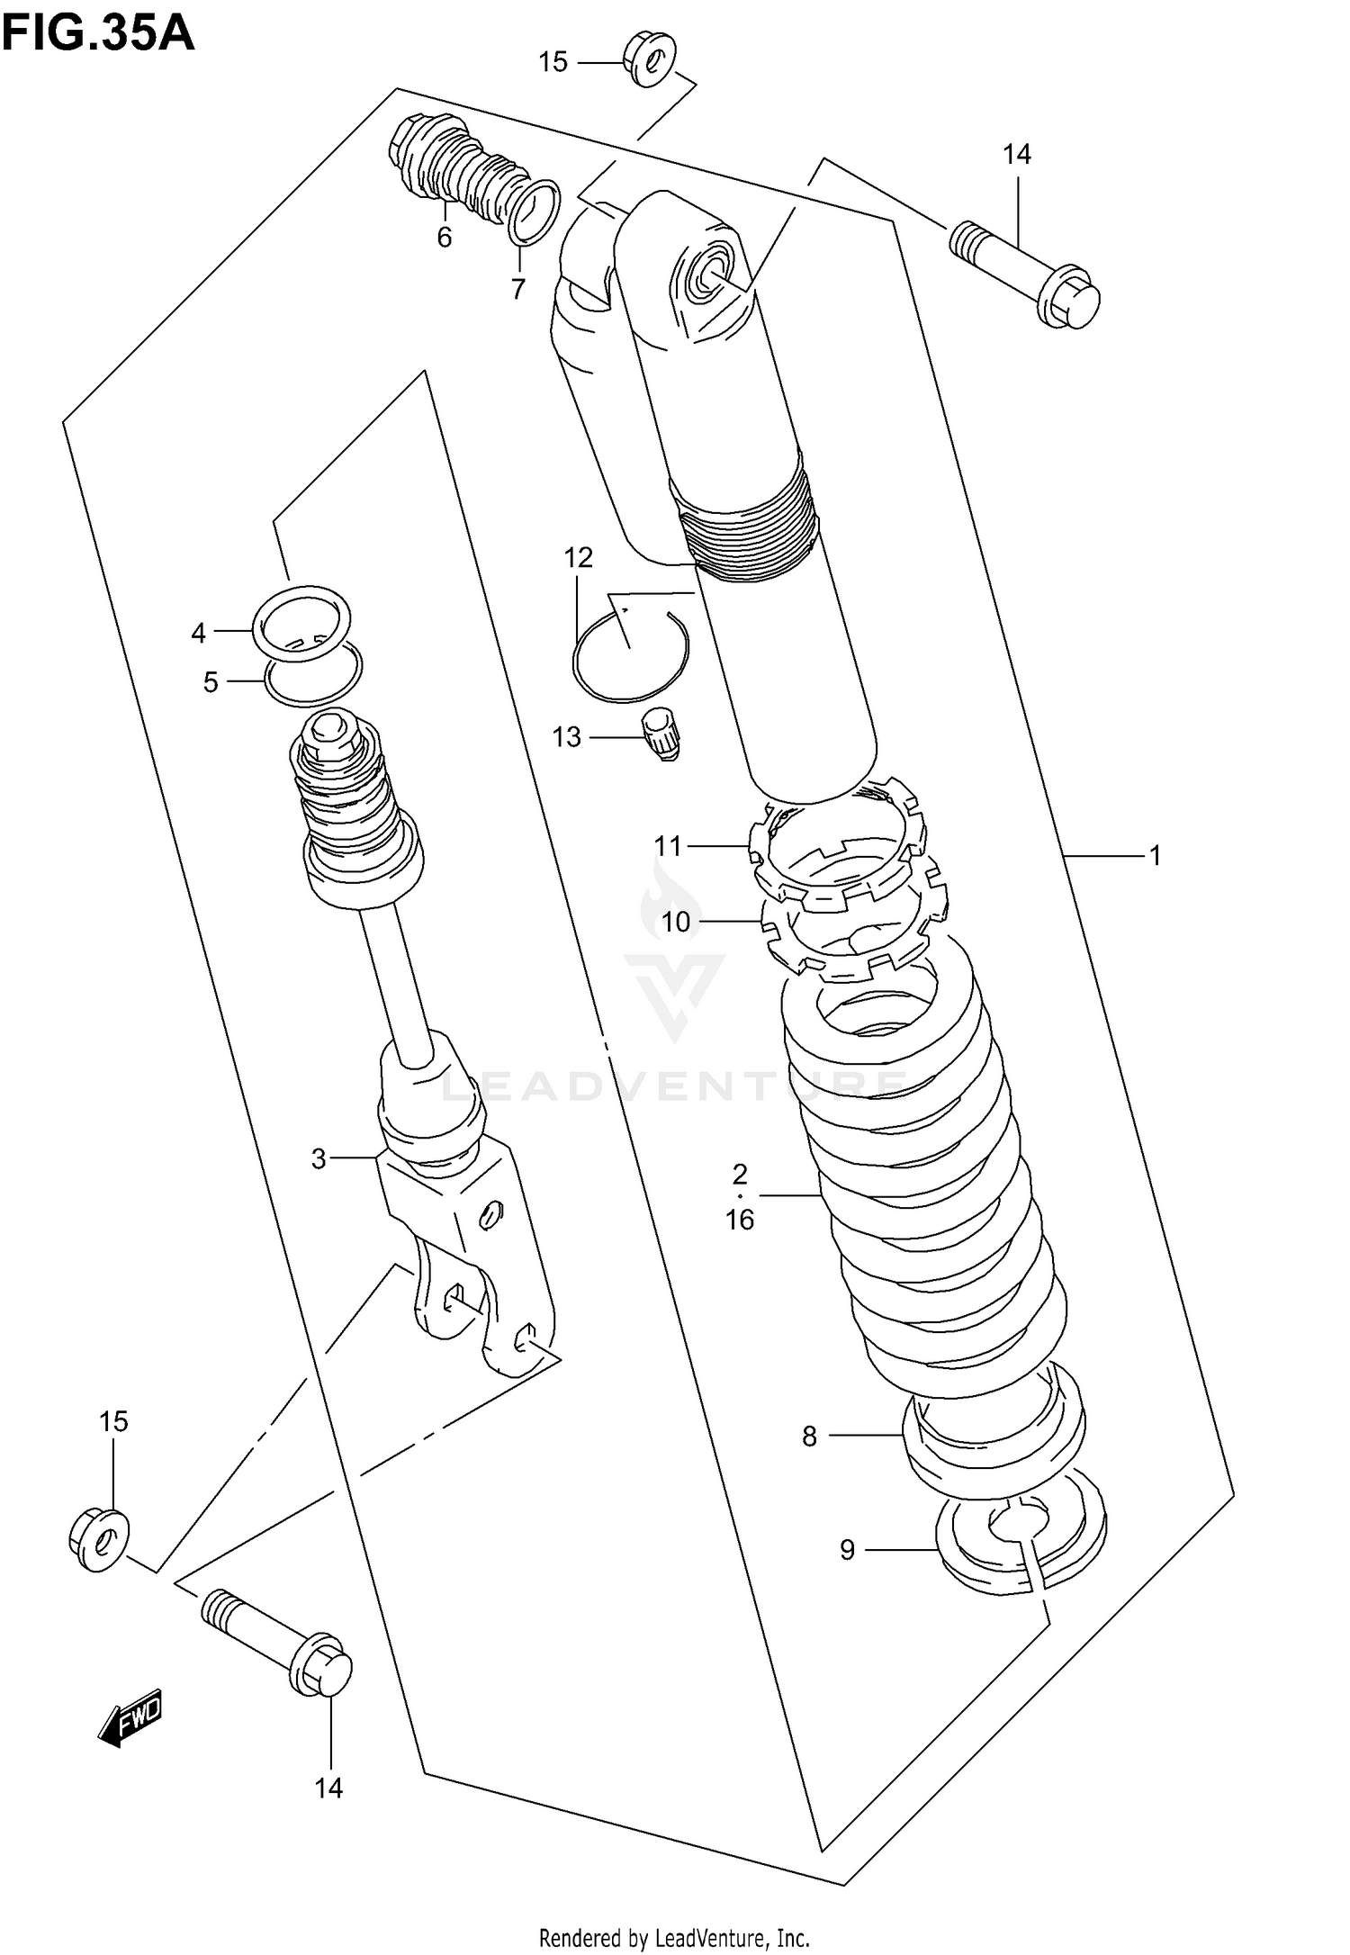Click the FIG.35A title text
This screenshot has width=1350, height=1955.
tap(97, 34)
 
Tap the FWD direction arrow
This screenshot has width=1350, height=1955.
tap(131, 1718)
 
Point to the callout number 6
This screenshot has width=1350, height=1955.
tap(444, 238)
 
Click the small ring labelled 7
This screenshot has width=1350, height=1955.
tap(535, 212)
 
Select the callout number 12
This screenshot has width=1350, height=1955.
tap(579, 558)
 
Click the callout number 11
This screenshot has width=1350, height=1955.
tap(668, 846)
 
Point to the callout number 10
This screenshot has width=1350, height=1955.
tap(675, 921)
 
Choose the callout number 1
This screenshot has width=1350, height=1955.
tap(1156, 855)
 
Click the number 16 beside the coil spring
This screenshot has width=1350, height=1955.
tap(740, 1220)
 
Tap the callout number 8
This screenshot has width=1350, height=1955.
tap(809, 1437)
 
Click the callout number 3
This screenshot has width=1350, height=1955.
tap(319, 1158)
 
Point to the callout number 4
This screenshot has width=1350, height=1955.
tap(199, 633)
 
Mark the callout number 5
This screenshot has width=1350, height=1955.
tap(211, 682)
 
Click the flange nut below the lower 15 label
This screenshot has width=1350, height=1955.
tap(99, 1542)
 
